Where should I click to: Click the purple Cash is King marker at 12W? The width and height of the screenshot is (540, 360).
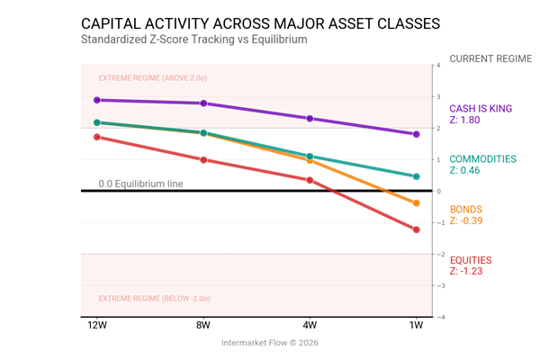[97, 100]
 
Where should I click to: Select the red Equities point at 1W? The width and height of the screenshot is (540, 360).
[417, 229]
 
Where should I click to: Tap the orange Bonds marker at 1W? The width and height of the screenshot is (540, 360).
[417, 203]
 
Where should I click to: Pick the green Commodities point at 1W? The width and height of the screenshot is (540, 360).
[417, 176]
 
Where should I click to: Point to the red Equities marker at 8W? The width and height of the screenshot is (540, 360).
[203, 160]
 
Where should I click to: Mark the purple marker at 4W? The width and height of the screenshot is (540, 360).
[310, 119]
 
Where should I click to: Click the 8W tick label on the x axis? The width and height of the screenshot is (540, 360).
[203, 325]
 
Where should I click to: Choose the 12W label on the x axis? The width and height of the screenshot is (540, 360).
[97, 325]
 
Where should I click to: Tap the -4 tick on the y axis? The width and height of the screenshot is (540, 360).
[437, 317]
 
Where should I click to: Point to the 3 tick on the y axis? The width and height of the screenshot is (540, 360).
[437, 96]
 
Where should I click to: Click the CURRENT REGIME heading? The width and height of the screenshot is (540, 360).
[490, 59]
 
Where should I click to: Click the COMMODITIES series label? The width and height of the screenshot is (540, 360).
[482, 159]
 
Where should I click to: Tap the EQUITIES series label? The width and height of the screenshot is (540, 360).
[471, 260]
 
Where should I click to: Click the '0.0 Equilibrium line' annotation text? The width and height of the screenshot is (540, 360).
[140, 184]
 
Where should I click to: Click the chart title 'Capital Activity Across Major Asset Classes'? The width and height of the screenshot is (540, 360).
[261, 22]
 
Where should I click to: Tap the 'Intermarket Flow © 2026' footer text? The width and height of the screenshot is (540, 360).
[270, 342]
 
